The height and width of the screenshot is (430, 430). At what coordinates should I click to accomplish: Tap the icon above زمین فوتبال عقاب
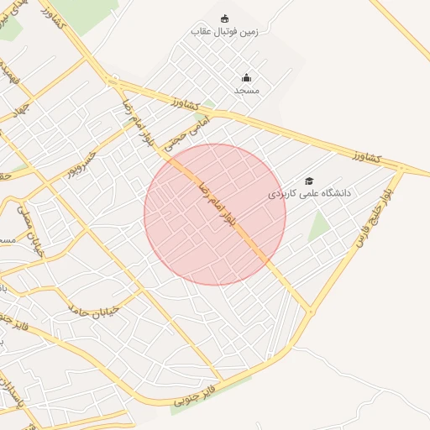pyautogui.click(x=224, y=18)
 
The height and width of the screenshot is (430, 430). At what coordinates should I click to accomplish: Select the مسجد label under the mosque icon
pyautogui.click(x=247, y=90)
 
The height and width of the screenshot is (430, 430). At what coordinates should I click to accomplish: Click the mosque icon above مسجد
pyautogui.click(x=246, y=77)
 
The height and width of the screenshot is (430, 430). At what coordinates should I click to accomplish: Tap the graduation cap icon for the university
pyautogui.click(x=309, y=181)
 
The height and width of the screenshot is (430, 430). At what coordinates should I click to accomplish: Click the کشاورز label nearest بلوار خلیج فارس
pyautogui.click(x=367, y=157)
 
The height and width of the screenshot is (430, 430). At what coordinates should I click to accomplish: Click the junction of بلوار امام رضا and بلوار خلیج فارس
pyautogui.click(x=311, y=311)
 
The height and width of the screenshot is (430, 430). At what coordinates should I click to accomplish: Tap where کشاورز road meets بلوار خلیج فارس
pyautogui.click(x=402, y=169)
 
